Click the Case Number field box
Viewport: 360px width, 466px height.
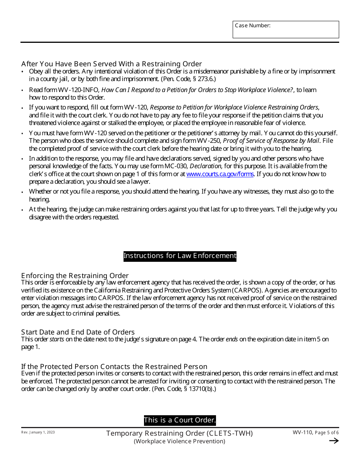(x=286, y=30)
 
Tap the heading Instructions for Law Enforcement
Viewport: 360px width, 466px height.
(x=180, y=256)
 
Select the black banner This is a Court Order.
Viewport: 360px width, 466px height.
(x=180, y=420)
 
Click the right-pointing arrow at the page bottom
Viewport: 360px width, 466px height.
(x=334, y=441)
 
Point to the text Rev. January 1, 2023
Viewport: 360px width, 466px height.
(x=38, y=432)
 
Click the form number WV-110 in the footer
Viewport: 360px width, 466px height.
(x=302, y=433)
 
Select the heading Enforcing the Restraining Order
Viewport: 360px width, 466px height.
(x=75, y=276)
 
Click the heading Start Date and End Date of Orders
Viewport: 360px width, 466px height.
(x=78, y=332)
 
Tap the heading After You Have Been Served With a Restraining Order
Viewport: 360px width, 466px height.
(x=111, y=64)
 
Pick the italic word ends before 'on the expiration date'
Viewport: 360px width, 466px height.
(x=232, y=339)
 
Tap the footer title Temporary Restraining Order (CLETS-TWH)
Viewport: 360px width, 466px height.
(x=179, y=433)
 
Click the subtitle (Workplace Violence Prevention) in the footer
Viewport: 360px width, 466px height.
(x=179, y=441)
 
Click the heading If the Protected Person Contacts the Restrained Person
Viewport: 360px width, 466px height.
(x=114, y=367)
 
